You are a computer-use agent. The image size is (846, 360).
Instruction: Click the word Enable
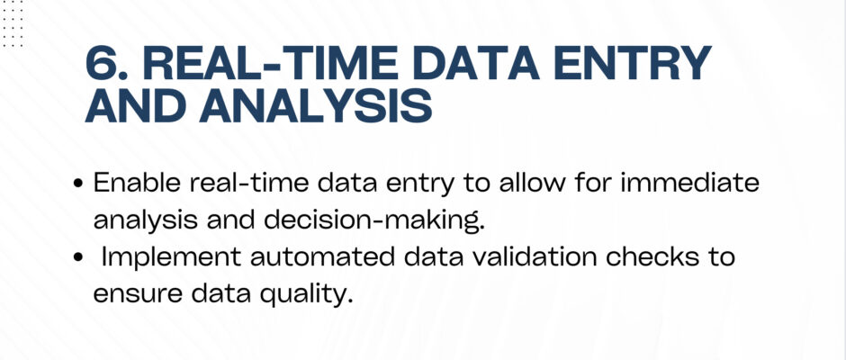pyautogui.click(x=137, y=183)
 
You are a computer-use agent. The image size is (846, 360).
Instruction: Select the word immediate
pyautogui.click(x=690, y=183)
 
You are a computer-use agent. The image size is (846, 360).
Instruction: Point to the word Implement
pyautogui.click(x=172, y=258)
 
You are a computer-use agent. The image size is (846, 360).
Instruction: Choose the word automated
pyautogui.click(x=322, y=256)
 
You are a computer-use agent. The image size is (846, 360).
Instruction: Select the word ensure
pyautogui.click(x=138, y=294)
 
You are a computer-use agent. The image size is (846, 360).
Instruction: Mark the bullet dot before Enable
pyautogui.click(x=78, y=184)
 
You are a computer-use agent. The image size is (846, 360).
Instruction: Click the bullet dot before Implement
pyautogui.click(x=78, y=258)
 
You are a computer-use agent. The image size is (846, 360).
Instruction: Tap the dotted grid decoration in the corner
pyautogui.click(x=12, y=23)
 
